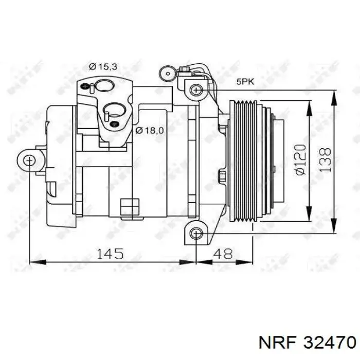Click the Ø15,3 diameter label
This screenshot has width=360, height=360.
(x=103, y=67)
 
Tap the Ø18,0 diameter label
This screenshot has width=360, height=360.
(x=150, y=131)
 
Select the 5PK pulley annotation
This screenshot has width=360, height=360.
(x=245, y=82)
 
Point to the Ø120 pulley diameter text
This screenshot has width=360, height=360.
(x=301, y=159)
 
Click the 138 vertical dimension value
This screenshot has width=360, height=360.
(x=325, y=160)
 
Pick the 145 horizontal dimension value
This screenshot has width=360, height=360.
(x=111, y=254)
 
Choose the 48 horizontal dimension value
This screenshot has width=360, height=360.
(x=223, y=254)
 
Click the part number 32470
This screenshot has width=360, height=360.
(x=330, y=343)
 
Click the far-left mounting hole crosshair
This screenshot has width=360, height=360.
(x=29, y=160)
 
